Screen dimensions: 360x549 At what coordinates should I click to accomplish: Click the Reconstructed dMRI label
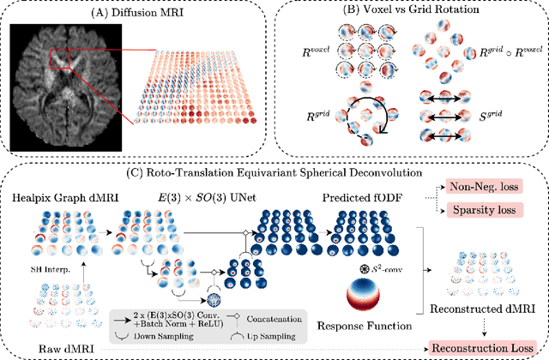(x=492, y=307)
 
